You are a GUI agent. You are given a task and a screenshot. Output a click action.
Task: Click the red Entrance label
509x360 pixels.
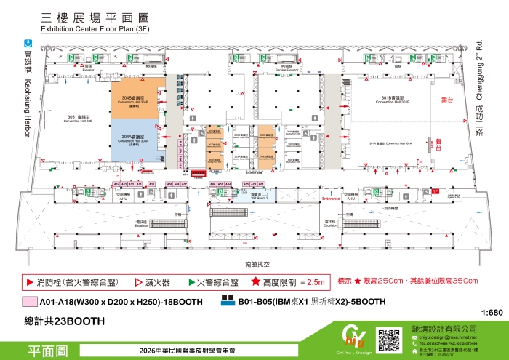tap(331, 199)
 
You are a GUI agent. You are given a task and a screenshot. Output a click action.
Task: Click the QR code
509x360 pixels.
tap(390, 339)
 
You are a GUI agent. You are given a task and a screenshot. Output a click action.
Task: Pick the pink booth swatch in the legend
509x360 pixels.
tap(29, 301)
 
